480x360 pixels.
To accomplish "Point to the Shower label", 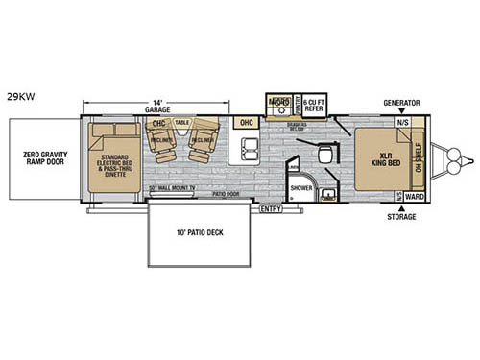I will point(300,188).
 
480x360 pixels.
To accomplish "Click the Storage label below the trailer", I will point(402,216).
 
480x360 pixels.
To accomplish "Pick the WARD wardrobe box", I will point(415,196).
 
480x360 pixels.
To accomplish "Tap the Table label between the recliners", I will point(181,124).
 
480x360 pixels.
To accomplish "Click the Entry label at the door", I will point(271,206).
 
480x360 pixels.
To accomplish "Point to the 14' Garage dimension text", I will point(156,105).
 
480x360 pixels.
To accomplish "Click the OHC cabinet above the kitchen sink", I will point(246,123).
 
